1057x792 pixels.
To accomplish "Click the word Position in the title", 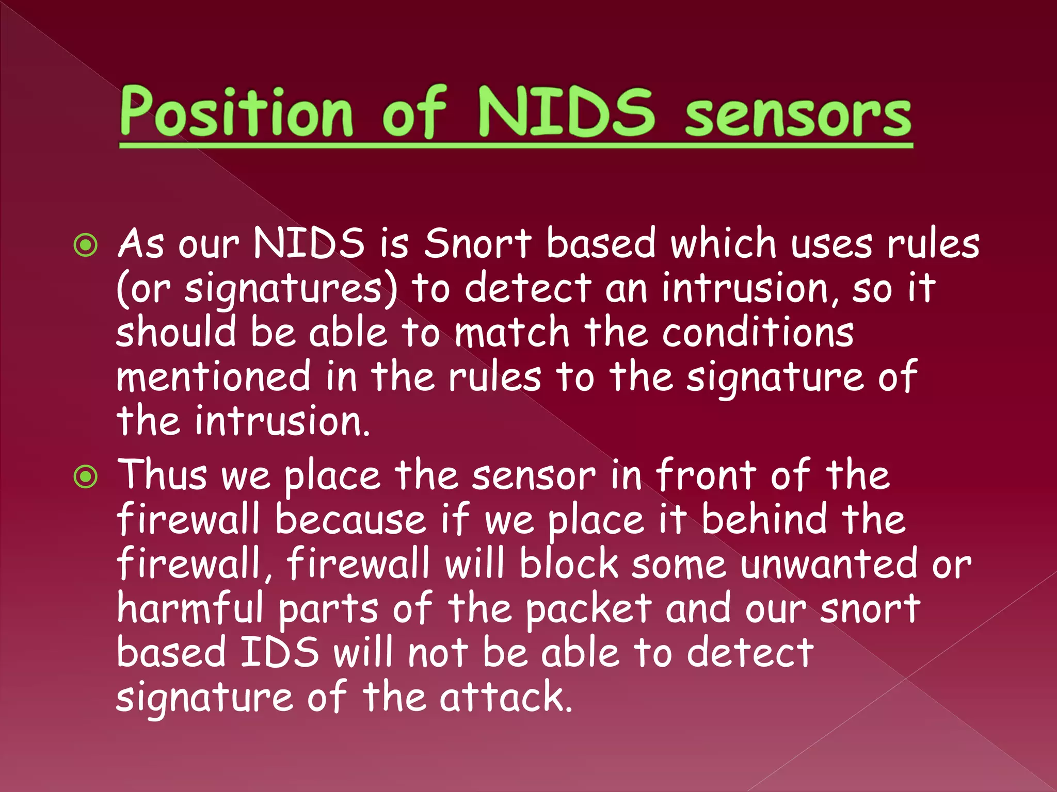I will pos(236,112).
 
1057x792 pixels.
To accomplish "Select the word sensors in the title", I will pos(798,117).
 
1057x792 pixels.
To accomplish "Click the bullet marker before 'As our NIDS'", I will pos(86,245).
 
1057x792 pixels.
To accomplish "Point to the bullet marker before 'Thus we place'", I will pos(86,476).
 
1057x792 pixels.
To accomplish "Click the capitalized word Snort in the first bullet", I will pos(477,243).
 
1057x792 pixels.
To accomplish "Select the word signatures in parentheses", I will pos(283,289).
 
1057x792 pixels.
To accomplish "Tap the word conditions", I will pos(758,333).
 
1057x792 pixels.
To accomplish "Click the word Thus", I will pos(163,475).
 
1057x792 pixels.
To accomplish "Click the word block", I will pos(569,564).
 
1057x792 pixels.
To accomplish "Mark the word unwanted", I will pos(829,564).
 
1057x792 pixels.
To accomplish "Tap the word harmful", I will pos(190,608).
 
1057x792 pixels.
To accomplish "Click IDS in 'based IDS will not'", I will pos(280,653).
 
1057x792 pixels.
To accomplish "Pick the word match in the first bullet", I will pos(511,333).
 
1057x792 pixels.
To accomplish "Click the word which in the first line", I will pos(723,243).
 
